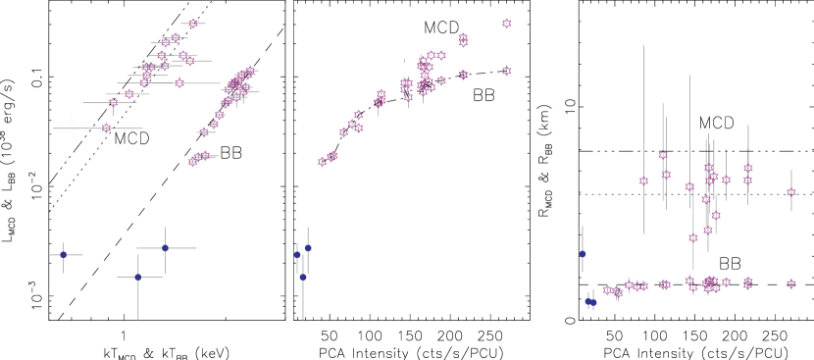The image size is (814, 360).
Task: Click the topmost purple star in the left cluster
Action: tap(193, 24)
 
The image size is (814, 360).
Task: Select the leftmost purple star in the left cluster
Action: tap(106, 129)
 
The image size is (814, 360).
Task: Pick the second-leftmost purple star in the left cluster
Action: tap(113, 102)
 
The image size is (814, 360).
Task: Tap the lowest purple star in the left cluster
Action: tap(193, 161)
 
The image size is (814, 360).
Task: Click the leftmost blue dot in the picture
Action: tap(63, 255)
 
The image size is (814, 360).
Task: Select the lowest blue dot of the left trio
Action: tap(137, 278)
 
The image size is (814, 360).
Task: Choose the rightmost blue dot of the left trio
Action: tap(165, 248)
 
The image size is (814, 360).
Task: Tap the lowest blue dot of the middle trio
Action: tap(303, 278)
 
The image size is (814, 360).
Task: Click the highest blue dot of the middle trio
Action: tap(308, 248)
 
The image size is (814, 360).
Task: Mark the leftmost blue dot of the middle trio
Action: tap(297, 255)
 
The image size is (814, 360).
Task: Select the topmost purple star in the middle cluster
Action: tap(507, 24)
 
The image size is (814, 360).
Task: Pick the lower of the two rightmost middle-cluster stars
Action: tap(507, 71)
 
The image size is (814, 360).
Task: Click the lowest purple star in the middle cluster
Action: tap(322, 162)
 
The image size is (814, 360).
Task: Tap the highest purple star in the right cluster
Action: tap(663, 155)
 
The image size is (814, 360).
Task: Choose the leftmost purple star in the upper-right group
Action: tap(643, 180)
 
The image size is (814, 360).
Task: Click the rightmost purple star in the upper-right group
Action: tap(791, 193)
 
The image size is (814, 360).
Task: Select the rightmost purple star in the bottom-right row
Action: tap(791, 283)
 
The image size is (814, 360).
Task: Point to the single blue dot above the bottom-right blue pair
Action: tap(583, 254)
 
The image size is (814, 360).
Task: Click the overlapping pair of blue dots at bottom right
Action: tap(590, 302)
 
